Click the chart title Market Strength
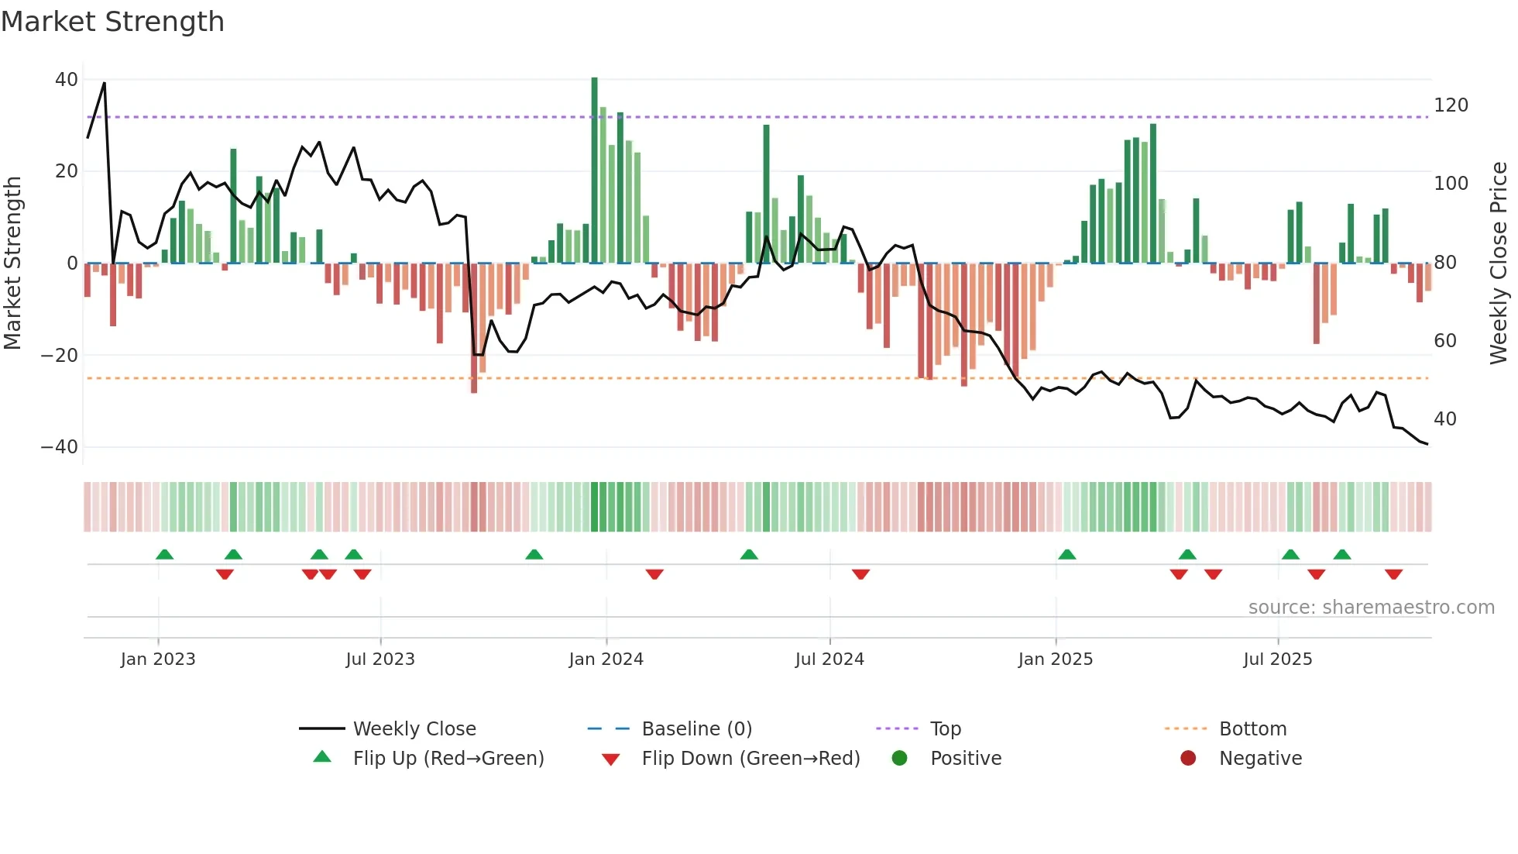coord(112,22)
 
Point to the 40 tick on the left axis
coord(67,80)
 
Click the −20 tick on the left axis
coord(60,356)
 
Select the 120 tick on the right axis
coord(1451,105)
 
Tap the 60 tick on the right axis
coord(1445,341)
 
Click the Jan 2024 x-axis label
coord(606,659)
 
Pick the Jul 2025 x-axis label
coord(1277,659)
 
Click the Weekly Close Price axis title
coord(1499,263)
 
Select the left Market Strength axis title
coord(13,263)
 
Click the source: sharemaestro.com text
coord(1371,608)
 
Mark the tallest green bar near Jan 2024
coord(595,170)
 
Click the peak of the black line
coord(105,84)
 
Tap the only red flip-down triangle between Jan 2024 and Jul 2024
coord(654,574)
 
